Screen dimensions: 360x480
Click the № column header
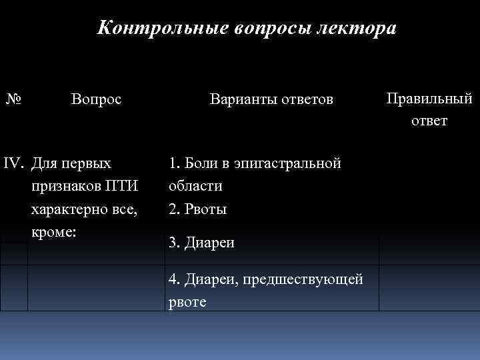pyautogui.click(x=13, y=101)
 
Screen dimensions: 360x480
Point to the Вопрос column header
pyautogui.click(x=97, y=101)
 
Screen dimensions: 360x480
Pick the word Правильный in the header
pyautogui.click(x=429, y=99)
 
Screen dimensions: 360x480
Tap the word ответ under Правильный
pyautogui.click(x=429, y=121)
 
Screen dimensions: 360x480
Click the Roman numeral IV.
pyautogui.click(x=15, y=163)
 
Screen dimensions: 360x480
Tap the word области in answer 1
pyautogui.click(x=196, y=186)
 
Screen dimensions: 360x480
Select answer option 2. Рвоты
pyautogui.click(x=198, y=209)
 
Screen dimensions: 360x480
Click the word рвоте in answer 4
pyautogui.click(x=188, y=302)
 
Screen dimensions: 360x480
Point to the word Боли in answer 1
pyautogui.click(x=199, y=163)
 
